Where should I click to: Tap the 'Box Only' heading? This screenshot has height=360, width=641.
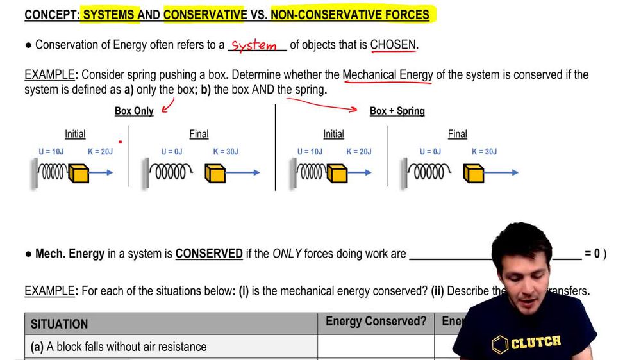(x=134, y=111)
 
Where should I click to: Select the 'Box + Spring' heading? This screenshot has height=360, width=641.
(x=397, y=111)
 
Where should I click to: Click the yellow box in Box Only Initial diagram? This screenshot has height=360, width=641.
(x=78, y=173)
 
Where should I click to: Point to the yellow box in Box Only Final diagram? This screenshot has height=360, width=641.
(x=215, y=173)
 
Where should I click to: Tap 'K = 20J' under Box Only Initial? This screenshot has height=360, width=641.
(x=100, y=152)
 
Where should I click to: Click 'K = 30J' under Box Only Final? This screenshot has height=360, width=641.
(x=226, y=152)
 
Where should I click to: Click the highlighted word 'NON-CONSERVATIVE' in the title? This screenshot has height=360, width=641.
(x=350, y=14)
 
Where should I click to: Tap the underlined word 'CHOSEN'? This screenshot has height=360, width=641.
(x=393, y=45)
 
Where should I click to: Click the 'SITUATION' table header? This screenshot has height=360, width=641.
(x=60, y=324)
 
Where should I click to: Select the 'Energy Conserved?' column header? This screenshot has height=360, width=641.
(x=376, y=322)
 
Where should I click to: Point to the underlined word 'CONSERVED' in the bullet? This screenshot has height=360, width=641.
(x=209, y=254)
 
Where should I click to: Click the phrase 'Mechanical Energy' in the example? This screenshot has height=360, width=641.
(x=388, y=75)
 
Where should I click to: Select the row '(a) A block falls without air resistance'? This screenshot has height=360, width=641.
(x=119, y=347)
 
